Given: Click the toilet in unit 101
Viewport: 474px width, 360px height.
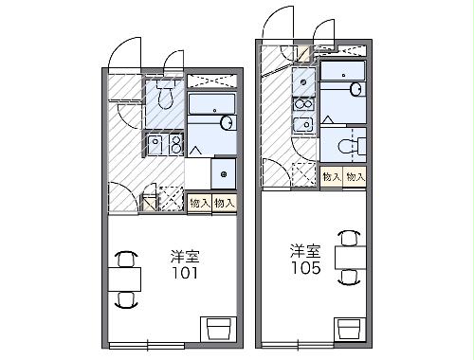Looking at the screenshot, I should [165, 96].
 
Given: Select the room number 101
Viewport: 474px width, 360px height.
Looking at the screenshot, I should [185, 276].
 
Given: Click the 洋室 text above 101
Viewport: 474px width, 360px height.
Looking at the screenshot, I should [185, 257].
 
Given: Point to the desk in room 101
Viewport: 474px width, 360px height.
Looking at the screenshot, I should [124, 279].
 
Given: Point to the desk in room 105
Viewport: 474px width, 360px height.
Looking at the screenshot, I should [350, 254].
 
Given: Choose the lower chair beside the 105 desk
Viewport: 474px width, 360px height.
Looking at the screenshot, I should [350, 276].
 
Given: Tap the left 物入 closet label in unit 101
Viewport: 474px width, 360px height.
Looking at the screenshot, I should [200, 202].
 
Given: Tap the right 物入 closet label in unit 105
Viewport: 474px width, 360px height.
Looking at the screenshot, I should [355, 176].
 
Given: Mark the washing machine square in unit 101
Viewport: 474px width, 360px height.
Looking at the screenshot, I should [224, 172].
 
